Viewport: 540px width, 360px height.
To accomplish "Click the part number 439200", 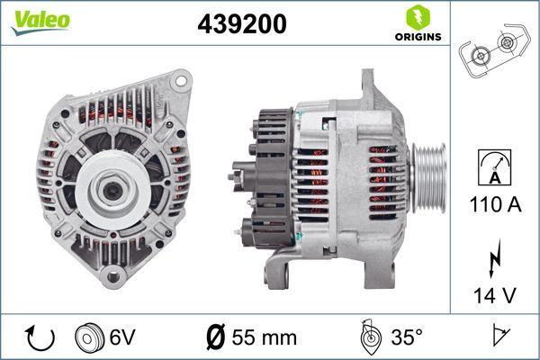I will tap(241, 25).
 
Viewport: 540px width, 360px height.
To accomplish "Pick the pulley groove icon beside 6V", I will tap(91, 337).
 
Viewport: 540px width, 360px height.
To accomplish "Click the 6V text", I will tap(123, 337).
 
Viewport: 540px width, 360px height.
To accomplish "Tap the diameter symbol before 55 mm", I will tap(217, 337).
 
